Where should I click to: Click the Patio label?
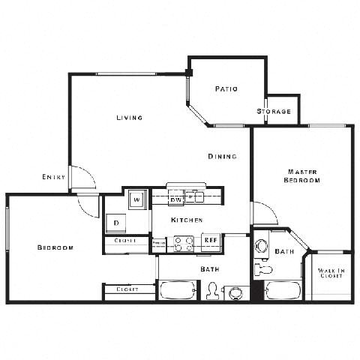[x=226, y=88]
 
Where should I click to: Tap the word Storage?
[x=274, y=112]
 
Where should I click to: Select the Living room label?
[x=129, y=118]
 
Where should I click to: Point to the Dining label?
[x=223, y=156]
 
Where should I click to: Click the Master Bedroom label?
[x=302, y=175]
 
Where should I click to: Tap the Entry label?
[x=53, y=177]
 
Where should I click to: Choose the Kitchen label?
[x=187, y=220]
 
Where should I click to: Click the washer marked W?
[x=137, y=199]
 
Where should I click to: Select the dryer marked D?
[x=117, y=222]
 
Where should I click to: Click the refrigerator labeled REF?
[x=210, y=242]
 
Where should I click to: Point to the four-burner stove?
[x=184, y=243]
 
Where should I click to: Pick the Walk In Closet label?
[x=331, y=273]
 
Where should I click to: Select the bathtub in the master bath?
[x=283, y=290]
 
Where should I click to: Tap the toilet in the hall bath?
[x=212, y=291]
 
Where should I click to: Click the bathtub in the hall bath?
[x=177, y=290]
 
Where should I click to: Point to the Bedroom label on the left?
[x=55, y=247]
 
